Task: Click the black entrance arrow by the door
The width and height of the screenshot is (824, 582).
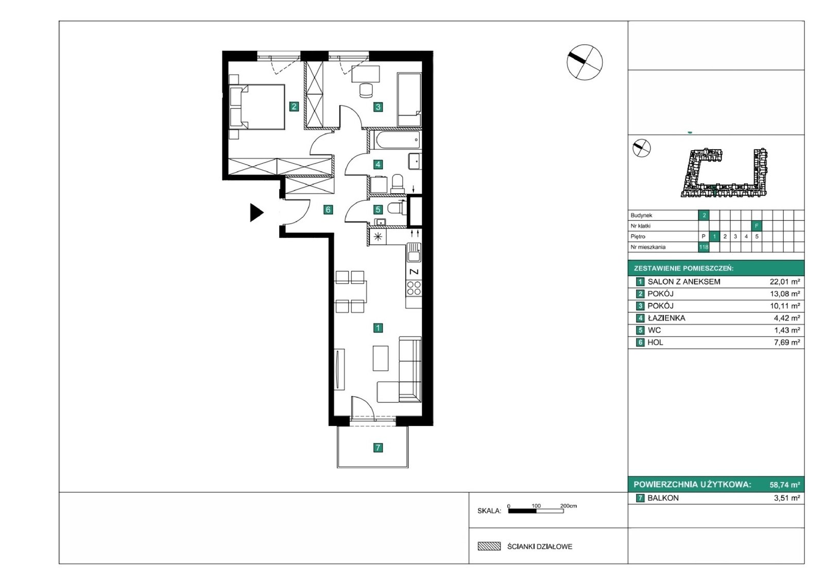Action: (x=256, y=213)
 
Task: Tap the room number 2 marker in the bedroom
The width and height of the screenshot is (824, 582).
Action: (x=294, y=107)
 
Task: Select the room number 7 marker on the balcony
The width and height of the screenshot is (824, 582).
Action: (x=378, y=448)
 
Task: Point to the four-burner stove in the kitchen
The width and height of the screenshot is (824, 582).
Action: (x=414, y=288)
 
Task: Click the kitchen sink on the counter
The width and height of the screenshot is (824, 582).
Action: (x=414, y=253)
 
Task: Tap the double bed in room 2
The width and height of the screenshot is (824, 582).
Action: (x=257, y=107)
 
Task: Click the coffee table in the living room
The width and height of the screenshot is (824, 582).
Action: (x=381, y=358)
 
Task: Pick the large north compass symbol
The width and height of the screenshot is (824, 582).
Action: (x=584, y=62)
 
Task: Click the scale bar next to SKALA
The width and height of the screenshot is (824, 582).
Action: (x=536, y=510)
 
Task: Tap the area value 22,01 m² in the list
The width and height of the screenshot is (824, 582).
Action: (x=785, y=282)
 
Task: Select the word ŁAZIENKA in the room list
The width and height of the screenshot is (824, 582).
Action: (x=666, y=318)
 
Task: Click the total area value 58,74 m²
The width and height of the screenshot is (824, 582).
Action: (x=785, y=485)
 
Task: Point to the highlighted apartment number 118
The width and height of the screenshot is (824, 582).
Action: (x=703, y=247)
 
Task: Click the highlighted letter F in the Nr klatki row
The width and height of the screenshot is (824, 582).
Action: (x=757, y=226)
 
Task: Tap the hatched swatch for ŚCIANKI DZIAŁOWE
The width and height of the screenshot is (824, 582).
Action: (x=489, y=546)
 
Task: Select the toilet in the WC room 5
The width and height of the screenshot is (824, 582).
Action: (x=396, y=208)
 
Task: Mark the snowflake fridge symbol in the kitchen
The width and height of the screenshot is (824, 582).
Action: (x=378, y=237)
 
